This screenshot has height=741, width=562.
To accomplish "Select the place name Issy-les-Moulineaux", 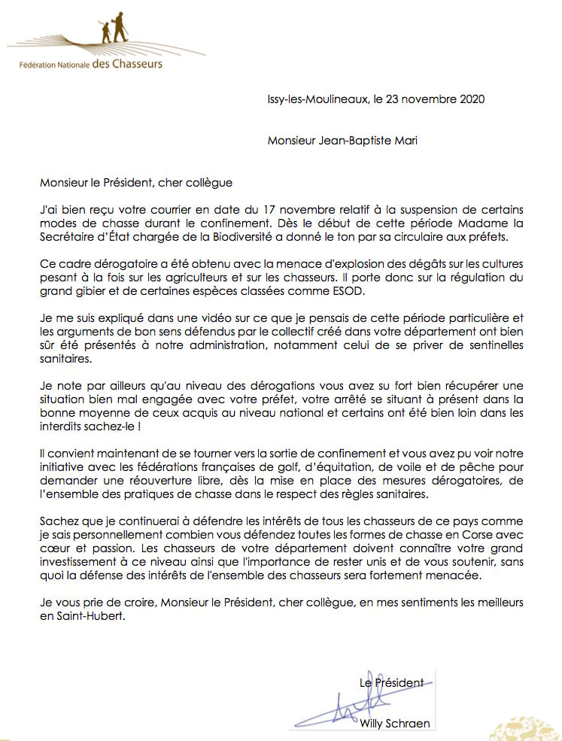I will coord(317,99).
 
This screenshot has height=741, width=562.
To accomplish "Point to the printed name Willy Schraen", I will coord(391,723).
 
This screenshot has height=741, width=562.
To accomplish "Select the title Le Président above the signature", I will coord(390,682).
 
